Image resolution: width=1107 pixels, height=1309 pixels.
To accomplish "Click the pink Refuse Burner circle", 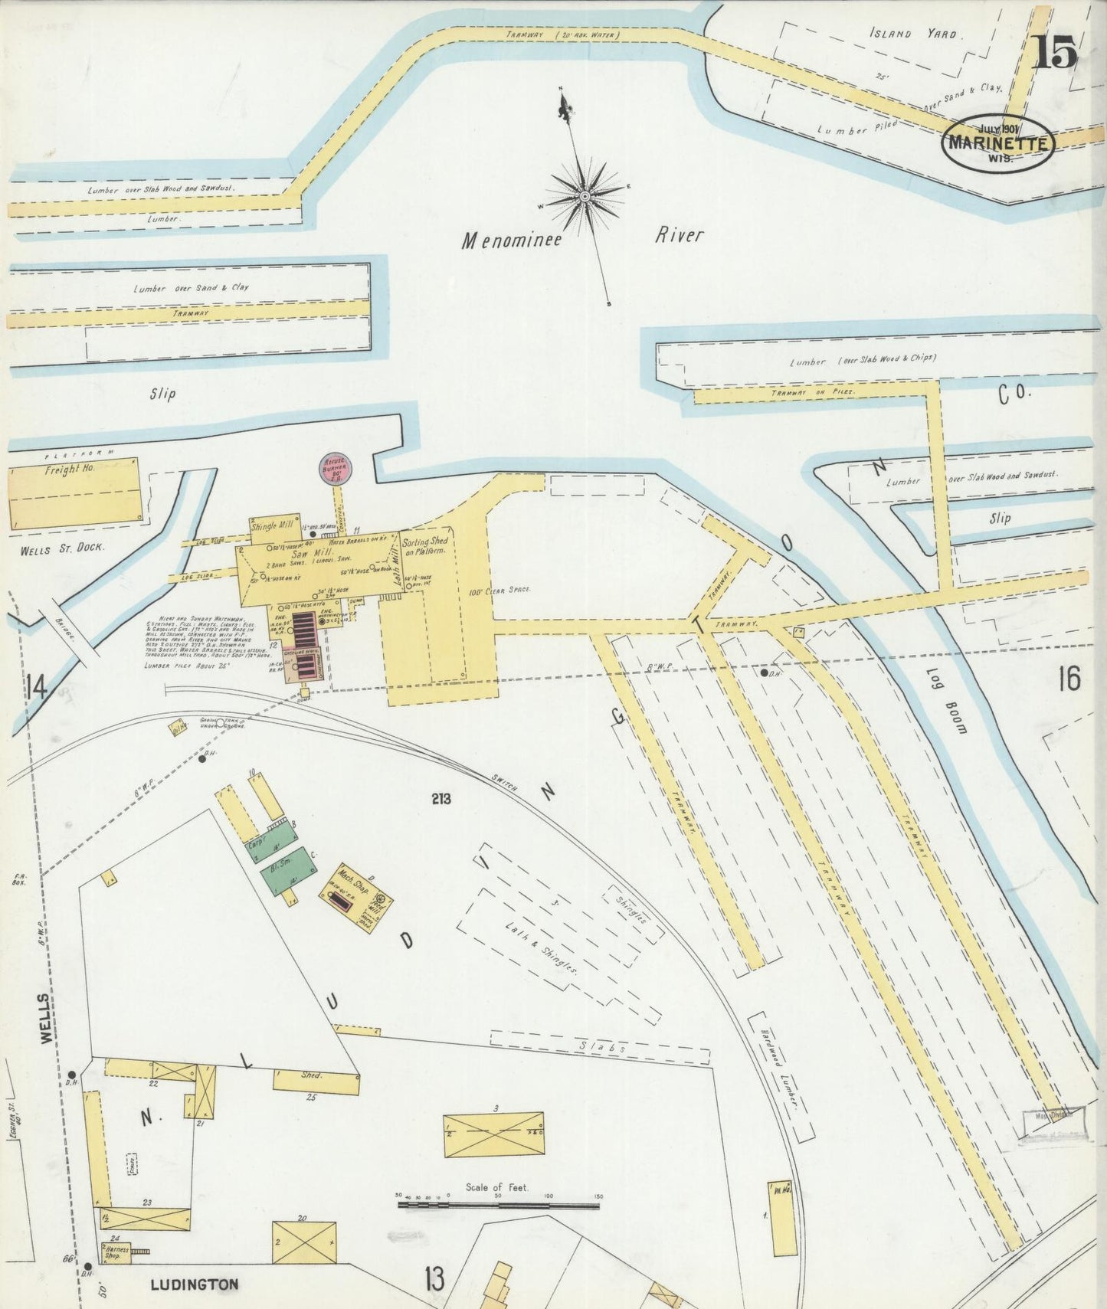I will pyautogui.click(x=333, y=469).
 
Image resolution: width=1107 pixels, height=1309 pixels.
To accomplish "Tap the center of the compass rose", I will pyautogui.click(x=585, y=196).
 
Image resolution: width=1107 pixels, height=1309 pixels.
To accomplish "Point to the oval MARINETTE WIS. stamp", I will pyautogui.click(x=998, y=142).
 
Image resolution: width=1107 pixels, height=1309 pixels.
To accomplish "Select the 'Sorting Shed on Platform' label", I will pyautogui.click(x=425, y=546).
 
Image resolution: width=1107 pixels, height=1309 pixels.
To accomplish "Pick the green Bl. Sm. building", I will pyautogui.click(x=289, y=870).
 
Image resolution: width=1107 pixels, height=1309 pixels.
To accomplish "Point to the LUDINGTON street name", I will pyautogui.click(x=194, y=1284).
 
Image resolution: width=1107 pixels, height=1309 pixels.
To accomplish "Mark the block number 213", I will pyautogui.click(x=441, y=799).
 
